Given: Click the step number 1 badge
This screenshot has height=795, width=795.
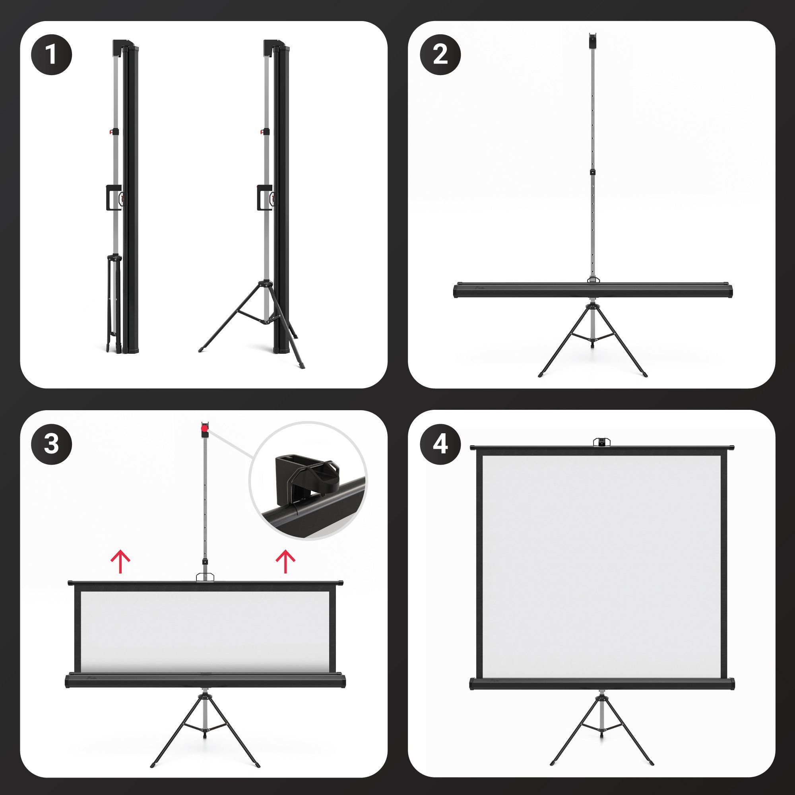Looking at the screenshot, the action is pos(51,55).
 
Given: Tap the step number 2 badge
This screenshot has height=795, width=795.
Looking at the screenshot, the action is pos(440,55).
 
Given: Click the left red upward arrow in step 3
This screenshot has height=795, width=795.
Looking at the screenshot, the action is pos(120,562).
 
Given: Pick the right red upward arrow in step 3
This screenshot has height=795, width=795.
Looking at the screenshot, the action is pos(285,562).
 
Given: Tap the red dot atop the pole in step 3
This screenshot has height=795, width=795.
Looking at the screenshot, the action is pos(204,429).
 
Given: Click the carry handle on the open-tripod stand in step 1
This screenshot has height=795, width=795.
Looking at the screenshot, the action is pos(264,198).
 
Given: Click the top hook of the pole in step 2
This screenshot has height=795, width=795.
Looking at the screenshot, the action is pos(593,41).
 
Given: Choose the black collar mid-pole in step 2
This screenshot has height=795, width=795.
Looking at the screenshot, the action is pos(593,173).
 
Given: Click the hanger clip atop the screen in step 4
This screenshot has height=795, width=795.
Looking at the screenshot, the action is pos(601,442).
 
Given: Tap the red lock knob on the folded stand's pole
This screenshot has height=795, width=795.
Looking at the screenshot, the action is pos(112,132).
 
